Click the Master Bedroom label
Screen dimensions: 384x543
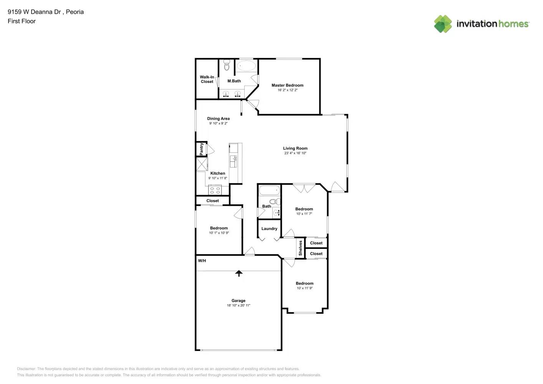pos(287,85)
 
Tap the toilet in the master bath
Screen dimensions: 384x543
pos(227,65)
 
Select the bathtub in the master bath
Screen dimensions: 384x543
pos(246,66)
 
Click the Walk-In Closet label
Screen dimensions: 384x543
pos(207,79)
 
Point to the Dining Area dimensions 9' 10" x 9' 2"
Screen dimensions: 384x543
pos(218,124)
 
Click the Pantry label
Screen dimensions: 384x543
pos(202,149)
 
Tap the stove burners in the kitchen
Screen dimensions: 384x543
pos(215,190)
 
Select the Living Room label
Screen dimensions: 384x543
pos(295,148)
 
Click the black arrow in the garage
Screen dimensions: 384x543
pos(239,273)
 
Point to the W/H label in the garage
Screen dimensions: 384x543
pos(202,261)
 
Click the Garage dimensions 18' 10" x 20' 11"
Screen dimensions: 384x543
pos(238,306)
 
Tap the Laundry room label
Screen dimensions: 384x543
pos(269,228)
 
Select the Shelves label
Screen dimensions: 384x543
pos(300,248)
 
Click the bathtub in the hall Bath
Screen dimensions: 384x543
pos(269,190)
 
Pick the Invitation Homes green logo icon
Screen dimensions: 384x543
pos(443,24)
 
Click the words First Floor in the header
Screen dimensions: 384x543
pos(22,21)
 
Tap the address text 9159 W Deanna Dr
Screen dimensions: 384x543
pos(34,12)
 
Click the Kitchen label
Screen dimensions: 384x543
pos(218,173)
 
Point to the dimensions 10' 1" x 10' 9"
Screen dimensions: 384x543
pos(219,233)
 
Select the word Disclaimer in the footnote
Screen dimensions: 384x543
pos(26,369)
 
